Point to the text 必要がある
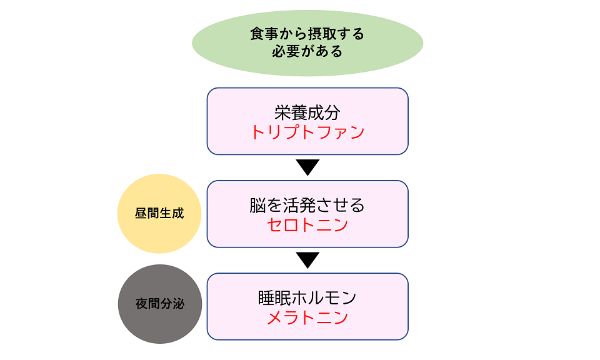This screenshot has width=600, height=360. (307, 52)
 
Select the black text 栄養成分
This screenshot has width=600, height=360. (307, 112)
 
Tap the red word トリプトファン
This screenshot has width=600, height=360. (307, 132)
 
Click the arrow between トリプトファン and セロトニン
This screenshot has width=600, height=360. (307, 167)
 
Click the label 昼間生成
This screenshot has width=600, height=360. (159, 214)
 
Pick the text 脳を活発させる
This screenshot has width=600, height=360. (307, 205)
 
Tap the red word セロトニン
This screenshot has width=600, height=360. (307, 225)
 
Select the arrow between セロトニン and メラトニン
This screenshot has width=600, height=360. (307, 260)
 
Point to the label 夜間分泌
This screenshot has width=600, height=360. (159, 304)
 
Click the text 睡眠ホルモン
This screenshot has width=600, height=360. (307, 297)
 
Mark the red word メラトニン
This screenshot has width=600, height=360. (307, 317)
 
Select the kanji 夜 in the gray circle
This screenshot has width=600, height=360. (141, 304)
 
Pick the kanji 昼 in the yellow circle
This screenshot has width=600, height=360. (141, 214)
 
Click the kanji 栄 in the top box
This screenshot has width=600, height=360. (282, 112)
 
